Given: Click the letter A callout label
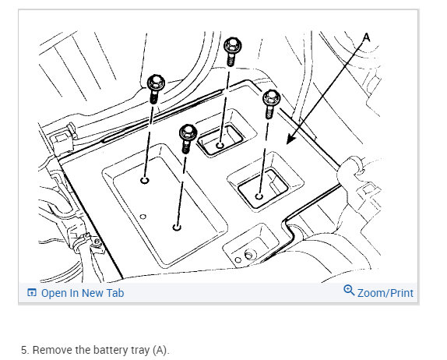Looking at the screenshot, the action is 367,37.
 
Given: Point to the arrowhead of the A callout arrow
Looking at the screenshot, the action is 290,139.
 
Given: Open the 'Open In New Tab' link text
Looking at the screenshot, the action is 83,293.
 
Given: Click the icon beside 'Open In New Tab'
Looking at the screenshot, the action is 32,293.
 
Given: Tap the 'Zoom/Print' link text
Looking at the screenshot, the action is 385,293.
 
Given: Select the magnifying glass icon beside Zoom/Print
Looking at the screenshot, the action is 349,291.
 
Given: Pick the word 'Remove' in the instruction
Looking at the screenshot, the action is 52,350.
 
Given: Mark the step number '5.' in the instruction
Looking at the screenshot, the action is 25,350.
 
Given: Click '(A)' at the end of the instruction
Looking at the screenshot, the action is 160,350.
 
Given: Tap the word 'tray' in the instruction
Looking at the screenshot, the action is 140,351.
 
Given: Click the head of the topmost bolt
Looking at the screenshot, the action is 233,46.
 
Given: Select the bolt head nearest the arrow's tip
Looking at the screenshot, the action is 271,98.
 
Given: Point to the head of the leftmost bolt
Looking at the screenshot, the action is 156,83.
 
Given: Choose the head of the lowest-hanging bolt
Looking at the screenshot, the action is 188,132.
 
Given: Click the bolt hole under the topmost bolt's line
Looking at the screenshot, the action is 220,146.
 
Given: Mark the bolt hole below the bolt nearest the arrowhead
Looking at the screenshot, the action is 259,196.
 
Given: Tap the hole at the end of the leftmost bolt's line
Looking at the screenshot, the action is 145,180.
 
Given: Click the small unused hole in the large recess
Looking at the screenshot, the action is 143,217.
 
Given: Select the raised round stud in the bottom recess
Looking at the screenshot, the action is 249,255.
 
